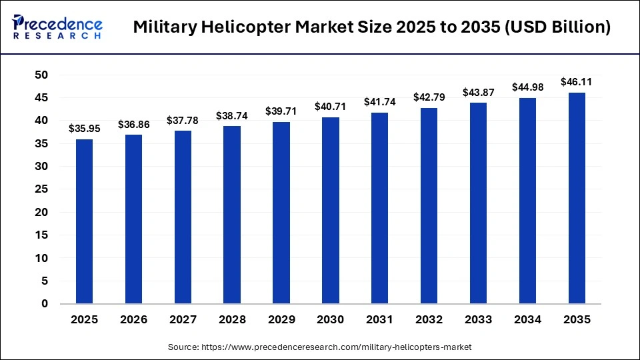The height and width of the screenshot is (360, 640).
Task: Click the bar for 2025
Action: [84, 221]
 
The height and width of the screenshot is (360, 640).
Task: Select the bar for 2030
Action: [331, 211]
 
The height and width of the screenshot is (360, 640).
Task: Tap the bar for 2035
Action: [577, 198]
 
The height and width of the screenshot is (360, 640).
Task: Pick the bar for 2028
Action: [232, 215]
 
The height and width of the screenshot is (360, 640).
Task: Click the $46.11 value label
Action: [577, 82]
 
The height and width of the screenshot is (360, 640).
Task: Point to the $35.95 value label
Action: [84, 129]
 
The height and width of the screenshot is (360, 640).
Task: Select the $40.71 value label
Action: [331, 107]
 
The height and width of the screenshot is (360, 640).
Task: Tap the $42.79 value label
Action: [429, 97]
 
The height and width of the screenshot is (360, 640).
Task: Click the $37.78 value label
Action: [183, 120]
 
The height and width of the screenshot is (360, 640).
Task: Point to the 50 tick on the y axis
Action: [42, 75]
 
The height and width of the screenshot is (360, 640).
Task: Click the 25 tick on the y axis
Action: [42, 189]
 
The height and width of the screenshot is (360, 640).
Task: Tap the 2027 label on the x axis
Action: [183, 320]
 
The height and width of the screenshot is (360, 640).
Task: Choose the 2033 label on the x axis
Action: [478, 320]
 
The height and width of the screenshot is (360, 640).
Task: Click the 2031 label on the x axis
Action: [380, 320]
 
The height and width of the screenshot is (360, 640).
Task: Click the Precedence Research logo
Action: [57, 27]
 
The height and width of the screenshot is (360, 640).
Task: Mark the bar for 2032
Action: [429, 206]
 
